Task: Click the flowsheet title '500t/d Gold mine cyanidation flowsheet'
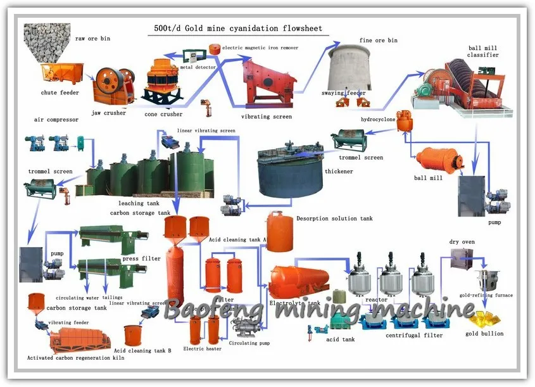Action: coord(238,29)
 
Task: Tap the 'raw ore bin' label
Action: coord(92,39)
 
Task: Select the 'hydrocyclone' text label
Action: coord(379,118)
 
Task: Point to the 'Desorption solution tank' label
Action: coord(334,219)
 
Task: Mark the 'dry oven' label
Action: coord(462,242)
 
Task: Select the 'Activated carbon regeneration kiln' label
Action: coord(75,358)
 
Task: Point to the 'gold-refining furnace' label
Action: coord(486,295)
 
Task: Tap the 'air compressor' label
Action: coord(56,119)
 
